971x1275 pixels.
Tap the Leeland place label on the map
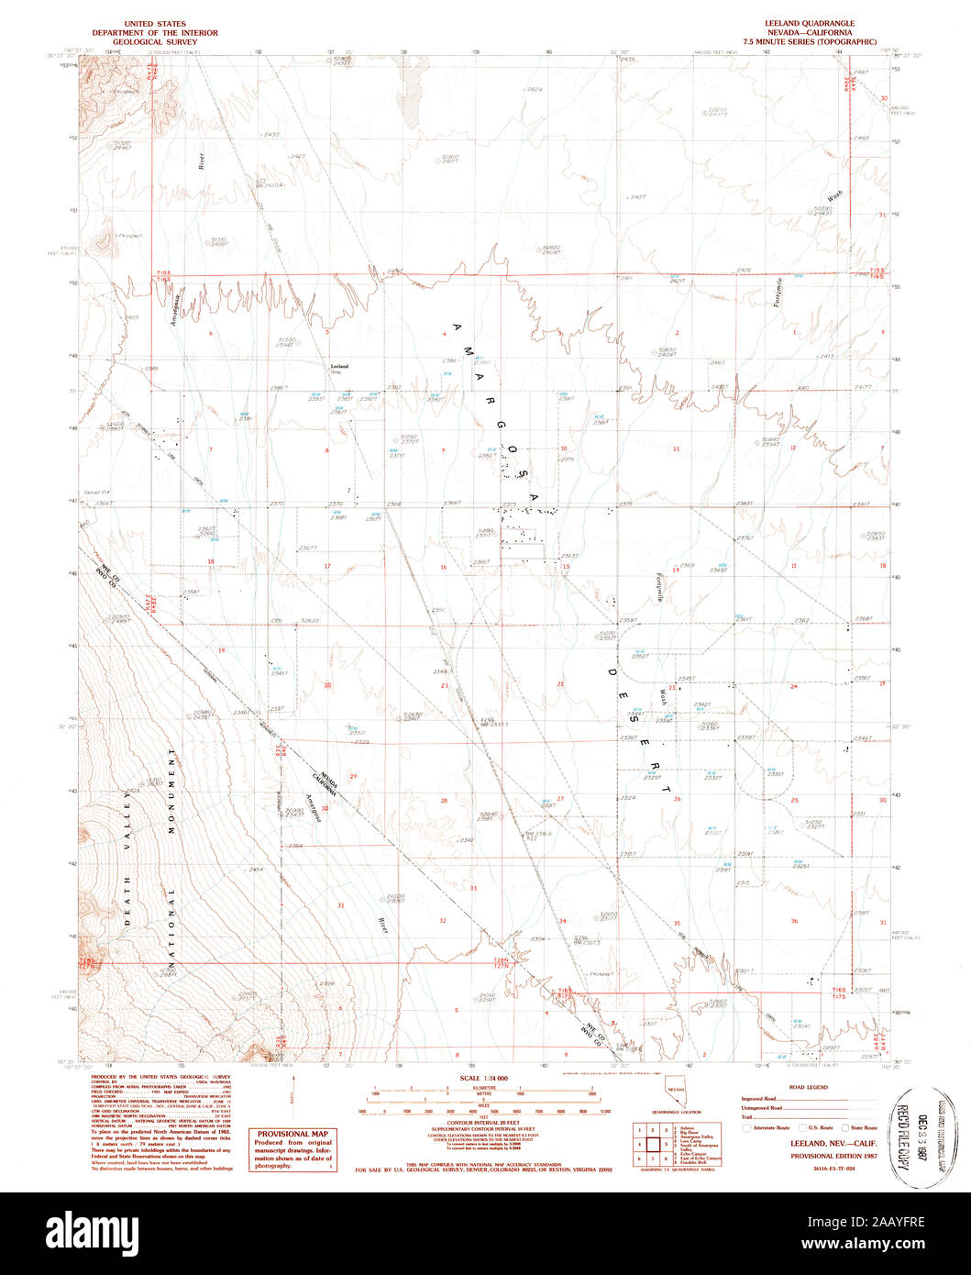click(x=338, y=366)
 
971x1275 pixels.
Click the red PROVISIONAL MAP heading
click(x=292, y=1134)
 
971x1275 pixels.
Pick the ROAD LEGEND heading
click(x=809, y=1087)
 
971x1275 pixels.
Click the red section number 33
click(x=474, y=888)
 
